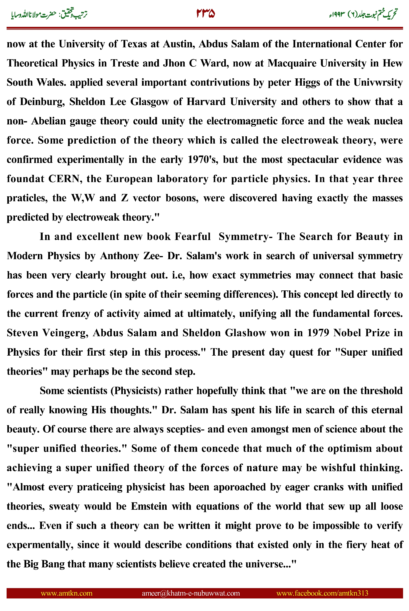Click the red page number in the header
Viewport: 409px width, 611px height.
pos(206,14)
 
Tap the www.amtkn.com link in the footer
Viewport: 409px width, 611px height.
pos(66,593)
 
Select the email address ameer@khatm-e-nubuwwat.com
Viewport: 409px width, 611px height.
pos(191,593)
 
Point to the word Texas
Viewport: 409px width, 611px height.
pos(134,44)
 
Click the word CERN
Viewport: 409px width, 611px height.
pos(64,179)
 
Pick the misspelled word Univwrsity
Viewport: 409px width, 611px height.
pos(378,82)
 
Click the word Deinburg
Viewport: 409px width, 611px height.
pos(42,102)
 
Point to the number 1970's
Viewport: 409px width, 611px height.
pos(203,160)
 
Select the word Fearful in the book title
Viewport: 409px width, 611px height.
pos(192,237)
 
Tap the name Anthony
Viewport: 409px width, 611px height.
pos(120,256)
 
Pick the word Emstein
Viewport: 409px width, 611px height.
pos(149,506)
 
